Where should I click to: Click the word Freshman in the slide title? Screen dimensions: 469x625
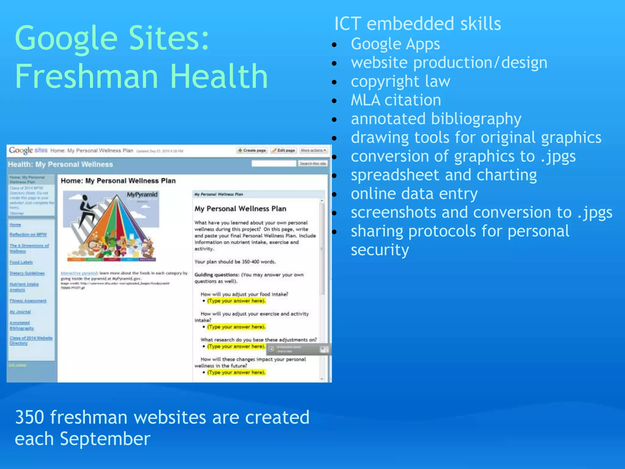(x=87, y=76)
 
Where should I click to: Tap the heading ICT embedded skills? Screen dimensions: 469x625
(x=417, y=24)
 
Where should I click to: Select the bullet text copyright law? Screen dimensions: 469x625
(x=400, y=82)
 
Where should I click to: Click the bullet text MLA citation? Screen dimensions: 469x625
(x=396, y=100)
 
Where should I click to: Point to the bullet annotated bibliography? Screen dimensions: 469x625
(x=436, y=119)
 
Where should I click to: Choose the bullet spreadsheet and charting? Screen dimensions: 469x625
(x=443, y=175)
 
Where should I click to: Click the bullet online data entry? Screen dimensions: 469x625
(x=414, y=194)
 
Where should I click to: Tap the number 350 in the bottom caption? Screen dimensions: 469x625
(x=29, y=417)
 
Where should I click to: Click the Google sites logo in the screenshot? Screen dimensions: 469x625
(x=28, y=150)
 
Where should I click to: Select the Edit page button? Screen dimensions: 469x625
(x=284, y=151)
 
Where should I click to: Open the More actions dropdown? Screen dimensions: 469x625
(x=313, y=151)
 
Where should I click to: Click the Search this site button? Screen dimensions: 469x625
(x=313, y=164)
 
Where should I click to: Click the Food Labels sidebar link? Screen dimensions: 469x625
(x=21, y=262)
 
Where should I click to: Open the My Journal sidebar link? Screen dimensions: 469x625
(x=20, y=312)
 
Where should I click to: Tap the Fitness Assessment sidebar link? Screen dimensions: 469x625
(x=28, y=301)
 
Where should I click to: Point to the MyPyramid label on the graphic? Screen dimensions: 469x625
(x=142, y=195)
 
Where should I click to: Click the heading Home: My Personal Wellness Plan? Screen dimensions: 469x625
(x=118, y=181)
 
